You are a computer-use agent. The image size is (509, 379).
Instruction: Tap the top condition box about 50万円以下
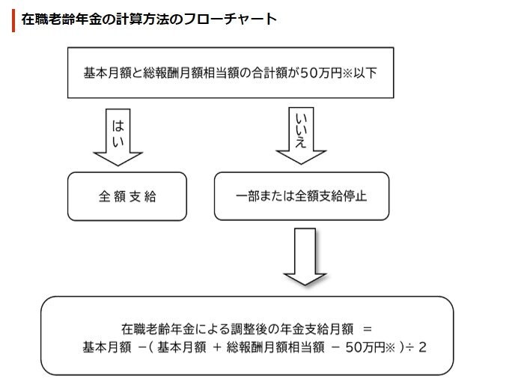click(x=231, y=73)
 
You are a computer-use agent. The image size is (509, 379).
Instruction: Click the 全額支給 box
click(x=127, y=197)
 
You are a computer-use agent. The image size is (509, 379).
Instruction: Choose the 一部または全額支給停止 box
click(x=302, y=197)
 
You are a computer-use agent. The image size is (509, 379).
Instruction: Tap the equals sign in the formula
click(x=366, y=329)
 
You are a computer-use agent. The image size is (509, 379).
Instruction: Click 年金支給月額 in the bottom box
click(x=314, y=329)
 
